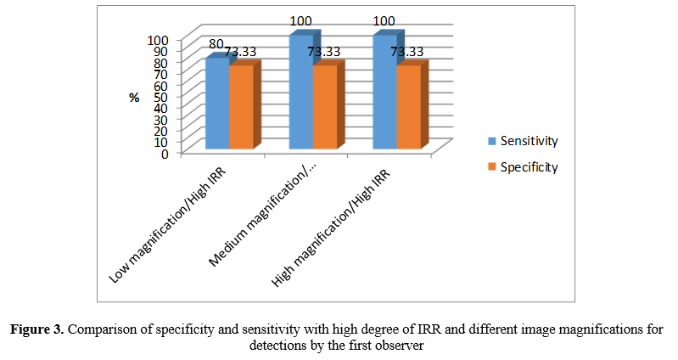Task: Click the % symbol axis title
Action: (134, 98)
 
